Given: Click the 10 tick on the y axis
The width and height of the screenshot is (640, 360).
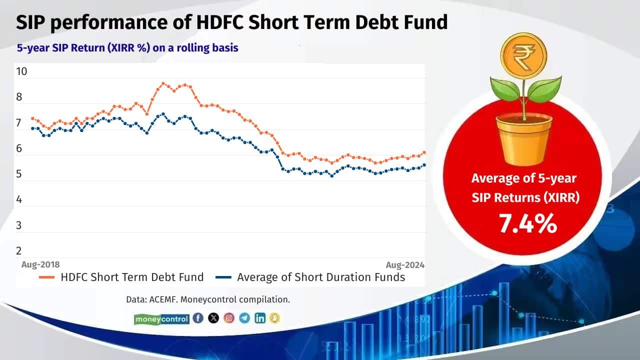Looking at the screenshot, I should (x=21, y=71).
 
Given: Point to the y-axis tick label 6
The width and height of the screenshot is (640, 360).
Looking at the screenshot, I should (x=19, y=148).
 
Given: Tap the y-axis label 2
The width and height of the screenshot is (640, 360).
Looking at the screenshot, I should (x=19, y=251).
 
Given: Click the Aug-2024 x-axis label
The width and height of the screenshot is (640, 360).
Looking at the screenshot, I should (x=404, y=264).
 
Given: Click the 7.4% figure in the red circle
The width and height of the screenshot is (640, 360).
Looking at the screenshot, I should (x=527, y=224).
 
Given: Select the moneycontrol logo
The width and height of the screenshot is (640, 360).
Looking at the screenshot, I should (x=161, y=318).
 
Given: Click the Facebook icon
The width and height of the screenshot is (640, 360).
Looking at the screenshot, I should (x=198, y=318).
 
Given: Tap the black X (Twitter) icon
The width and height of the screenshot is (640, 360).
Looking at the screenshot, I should (x=213, y=318).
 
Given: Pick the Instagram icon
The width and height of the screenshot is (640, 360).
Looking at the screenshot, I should (x=229, y=318).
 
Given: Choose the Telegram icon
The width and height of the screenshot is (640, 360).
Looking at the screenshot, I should (x=244, y=318).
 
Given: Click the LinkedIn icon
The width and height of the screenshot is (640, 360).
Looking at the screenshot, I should (x=260, y=318).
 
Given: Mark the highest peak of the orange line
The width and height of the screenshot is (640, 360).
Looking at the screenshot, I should (x=163, y=83).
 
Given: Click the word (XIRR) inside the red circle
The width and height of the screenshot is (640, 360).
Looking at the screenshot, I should (x=560, y=197).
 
